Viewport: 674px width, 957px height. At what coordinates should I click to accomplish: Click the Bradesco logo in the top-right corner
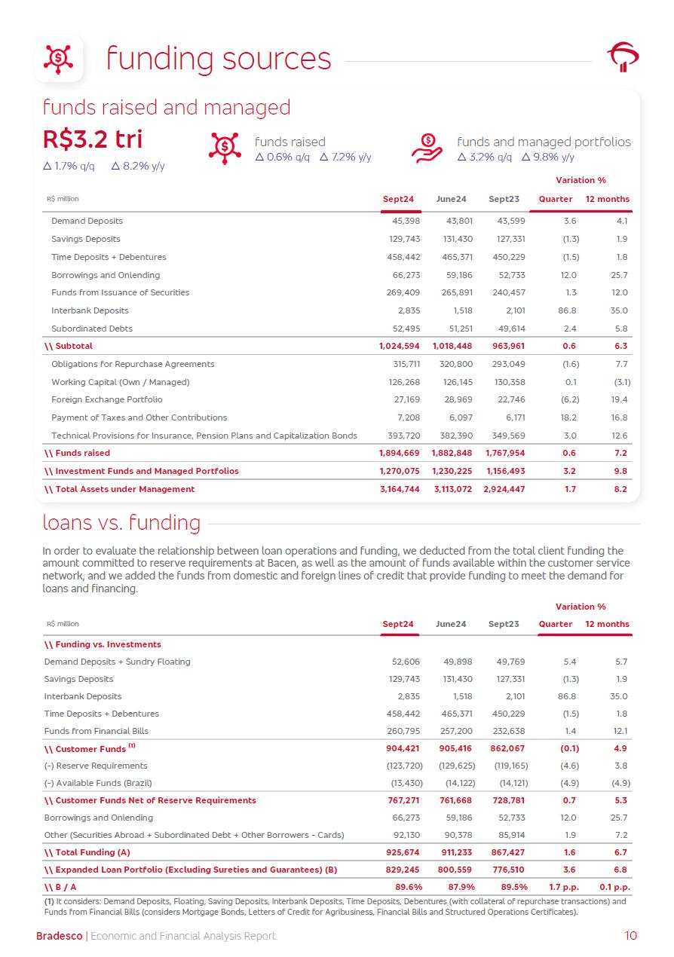623,57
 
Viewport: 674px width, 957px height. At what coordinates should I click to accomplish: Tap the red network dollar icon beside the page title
59,58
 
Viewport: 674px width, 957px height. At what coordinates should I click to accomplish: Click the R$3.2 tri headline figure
93,140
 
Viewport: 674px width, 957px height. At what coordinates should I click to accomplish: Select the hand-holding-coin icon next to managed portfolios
427,148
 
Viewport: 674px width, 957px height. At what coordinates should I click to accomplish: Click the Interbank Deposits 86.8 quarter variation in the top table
566,310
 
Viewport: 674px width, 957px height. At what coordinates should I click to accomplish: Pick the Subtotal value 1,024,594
399,346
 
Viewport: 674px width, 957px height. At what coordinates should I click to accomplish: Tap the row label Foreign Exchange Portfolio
106,399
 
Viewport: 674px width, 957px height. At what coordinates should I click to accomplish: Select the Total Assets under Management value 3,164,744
399,489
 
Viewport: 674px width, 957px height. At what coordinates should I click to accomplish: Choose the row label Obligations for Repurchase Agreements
133,364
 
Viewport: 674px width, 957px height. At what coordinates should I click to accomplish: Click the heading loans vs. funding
121,522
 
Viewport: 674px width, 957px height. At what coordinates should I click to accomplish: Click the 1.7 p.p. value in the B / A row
562,887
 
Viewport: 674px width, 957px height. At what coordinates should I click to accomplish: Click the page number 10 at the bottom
630,936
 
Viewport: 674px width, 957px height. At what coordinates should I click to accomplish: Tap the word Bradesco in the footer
60,936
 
